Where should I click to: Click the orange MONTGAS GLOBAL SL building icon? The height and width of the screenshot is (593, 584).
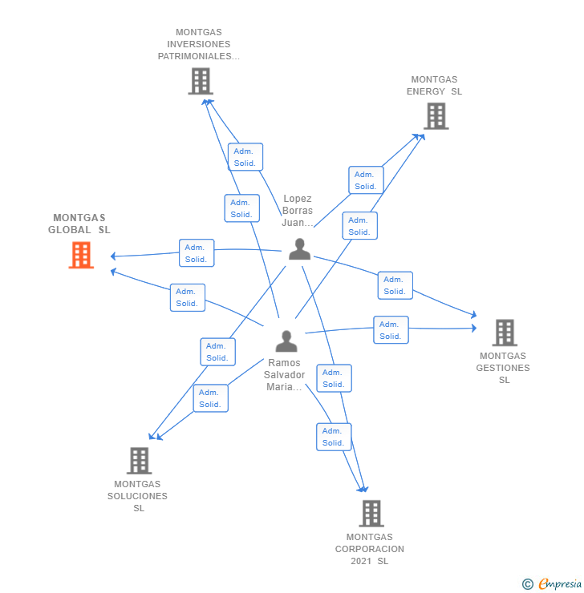coord(81,255)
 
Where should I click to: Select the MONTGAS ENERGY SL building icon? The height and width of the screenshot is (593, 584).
coord(436,116)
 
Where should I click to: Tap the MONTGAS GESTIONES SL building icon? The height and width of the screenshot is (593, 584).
coord(504,332)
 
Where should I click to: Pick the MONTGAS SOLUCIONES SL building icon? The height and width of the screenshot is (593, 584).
coord(139,460)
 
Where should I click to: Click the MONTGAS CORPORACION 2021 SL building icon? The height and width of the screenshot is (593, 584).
coord(371,513)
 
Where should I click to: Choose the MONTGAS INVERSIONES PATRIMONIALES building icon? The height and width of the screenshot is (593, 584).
coord(200,81)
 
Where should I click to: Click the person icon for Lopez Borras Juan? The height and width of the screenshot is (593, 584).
coord(299,249)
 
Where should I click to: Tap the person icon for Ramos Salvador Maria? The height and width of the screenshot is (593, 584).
coord(286,341)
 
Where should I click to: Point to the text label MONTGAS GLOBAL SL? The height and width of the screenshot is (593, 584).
coord(79,224)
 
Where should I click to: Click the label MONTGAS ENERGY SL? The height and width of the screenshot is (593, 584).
coord(434,86)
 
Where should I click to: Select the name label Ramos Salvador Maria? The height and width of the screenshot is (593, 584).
coord(285,375)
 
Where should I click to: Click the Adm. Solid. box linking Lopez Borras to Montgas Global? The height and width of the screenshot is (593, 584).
coord(197,253)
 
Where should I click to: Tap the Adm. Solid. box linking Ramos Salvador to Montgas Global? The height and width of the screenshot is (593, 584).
coord(188,297)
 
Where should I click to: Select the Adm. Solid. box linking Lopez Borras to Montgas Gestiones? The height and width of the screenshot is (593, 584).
coord(395,285)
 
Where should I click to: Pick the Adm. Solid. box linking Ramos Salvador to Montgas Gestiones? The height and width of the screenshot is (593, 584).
coord(391,330)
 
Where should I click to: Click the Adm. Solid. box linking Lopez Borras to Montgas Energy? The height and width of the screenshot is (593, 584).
coord(366,180)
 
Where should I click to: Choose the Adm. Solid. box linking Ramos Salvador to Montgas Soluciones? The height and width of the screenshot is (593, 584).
coord(210,398)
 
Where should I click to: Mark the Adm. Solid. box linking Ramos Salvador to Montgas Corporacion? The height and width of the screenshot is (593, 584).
coord(333,437)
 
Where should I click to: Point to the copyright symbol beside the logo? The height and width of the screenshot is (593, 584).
coord(528,584)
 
